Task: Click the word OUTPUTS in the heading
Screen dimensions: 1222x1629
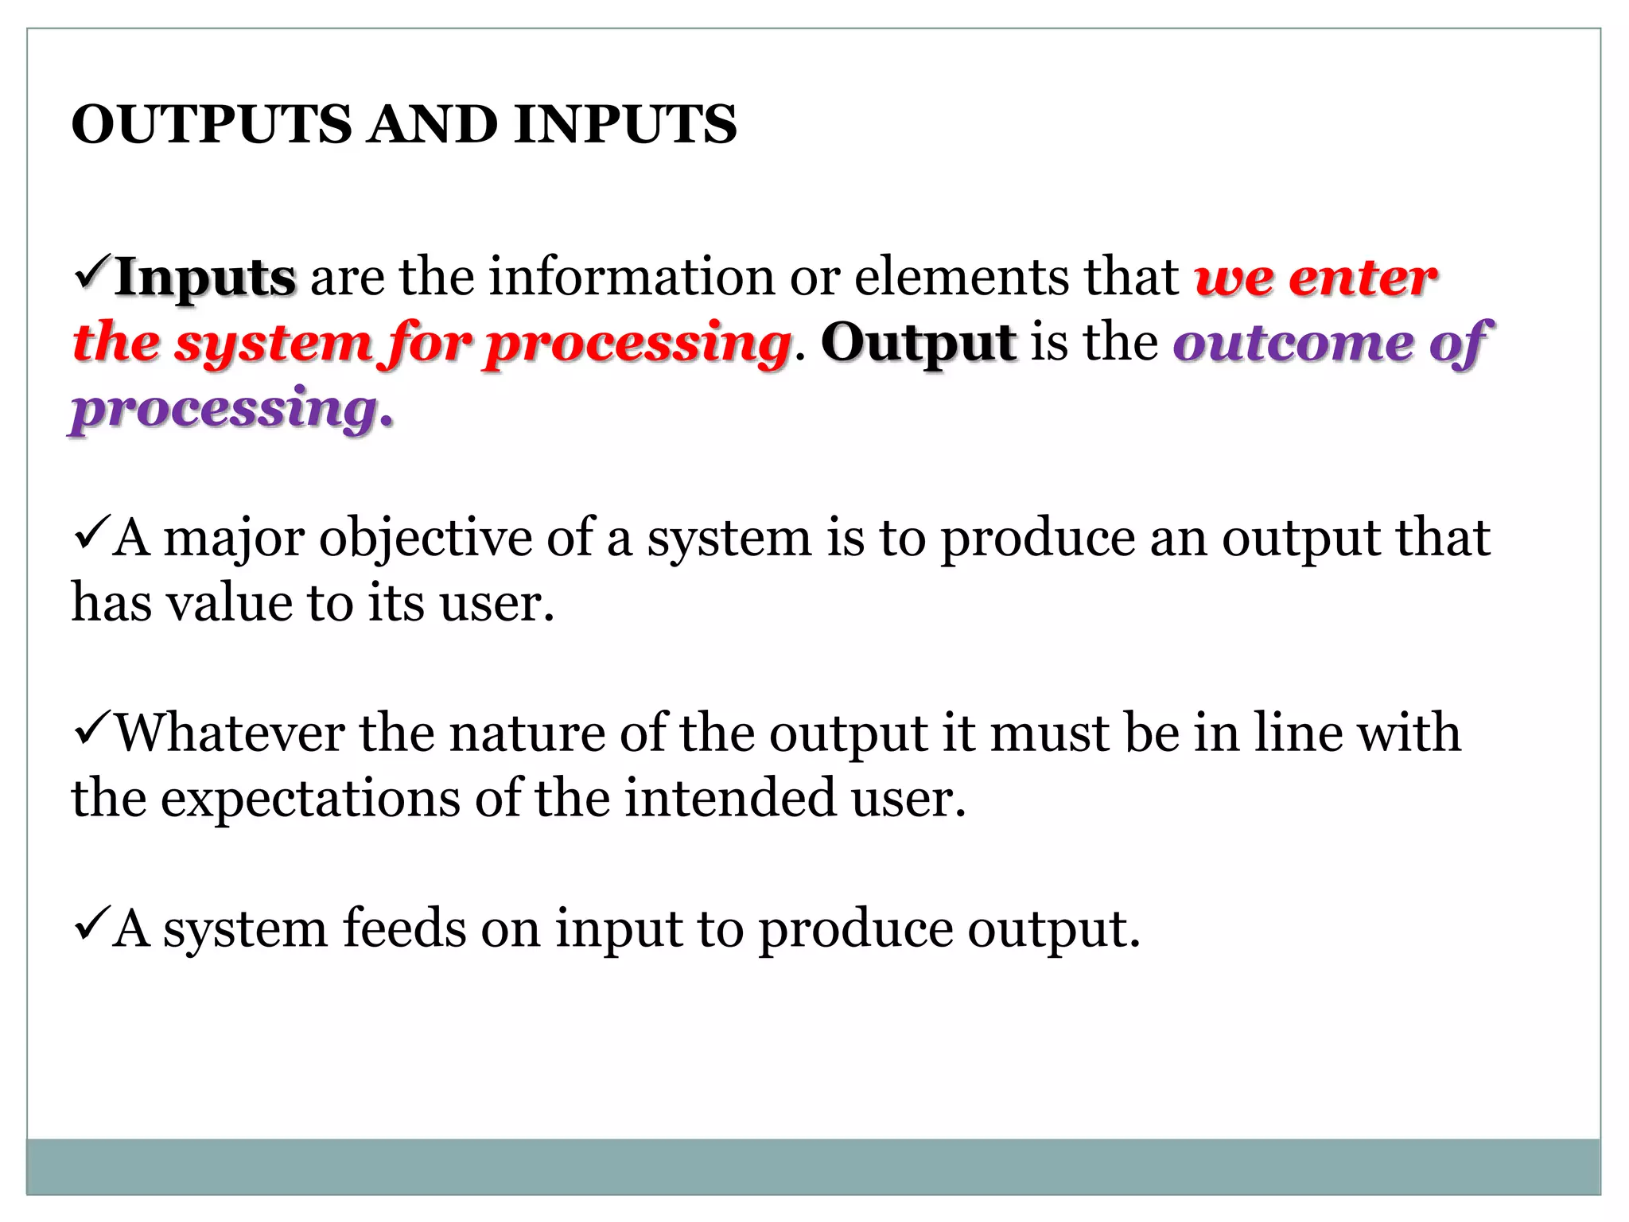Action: tap(211, 125)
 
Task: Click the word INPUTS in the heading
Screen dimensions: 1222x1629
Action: tap(625, 125)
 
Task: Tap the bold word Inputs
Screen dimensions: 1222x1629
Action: tap(205, 278)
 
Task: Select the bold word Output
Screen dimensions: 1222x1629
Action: tap(919, 343)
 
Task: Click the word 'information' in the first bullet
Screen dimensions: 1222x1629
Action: tap(632, 278)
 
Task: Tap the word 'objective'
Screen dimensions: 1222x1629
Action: tap(426, 539)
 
